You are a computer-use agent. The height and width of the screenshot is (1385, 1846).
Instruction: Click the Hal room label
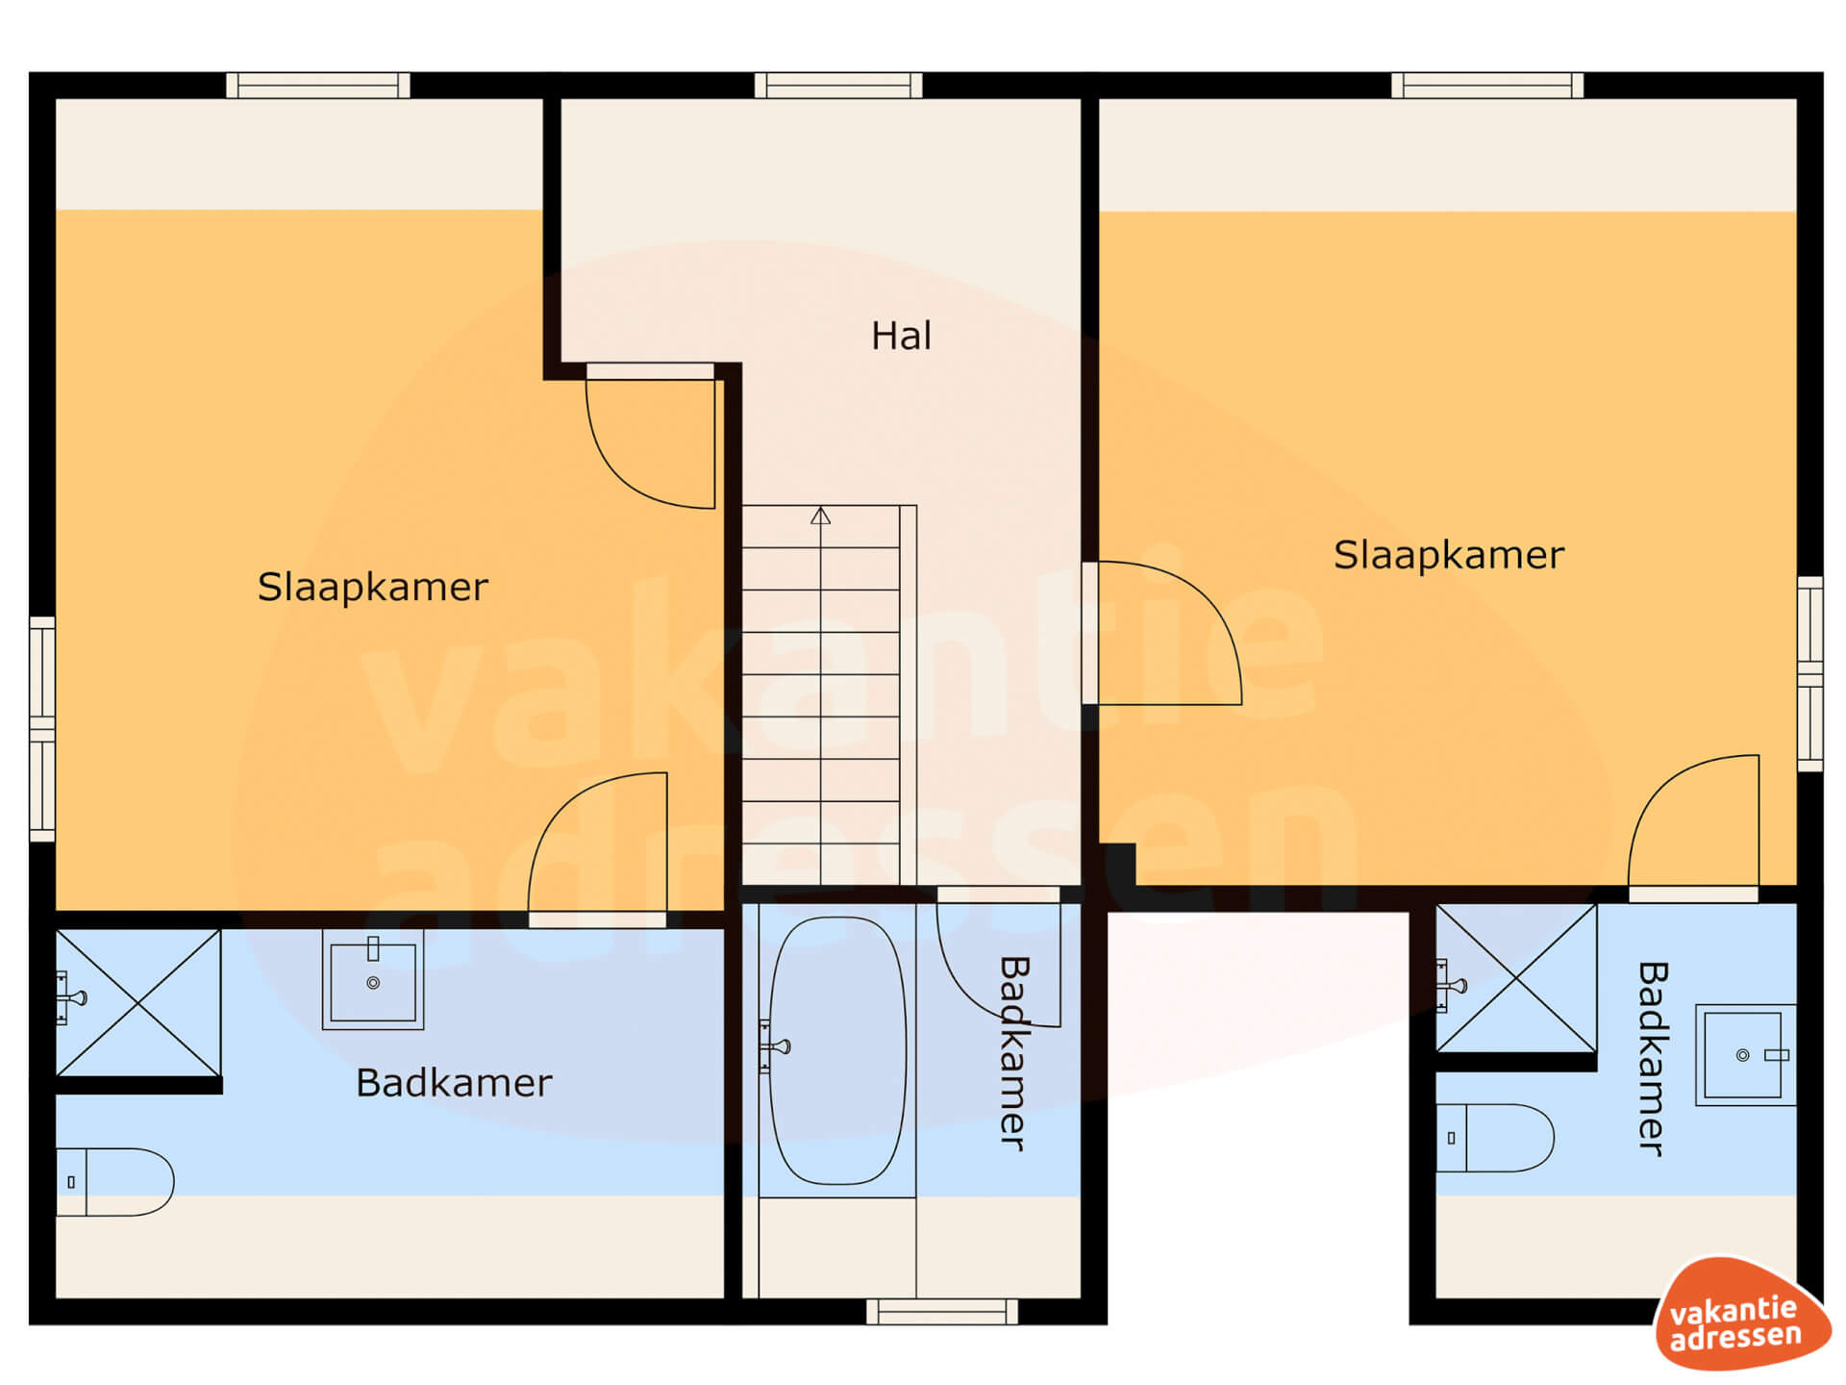tap(901, 337)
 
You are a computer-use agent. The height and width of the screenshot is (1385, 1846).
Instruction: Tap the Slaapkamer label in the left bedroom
tap(373, 588)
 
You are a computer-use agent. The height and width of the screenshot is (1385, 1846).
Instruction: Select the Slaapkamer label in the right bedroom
tap(1449, 556)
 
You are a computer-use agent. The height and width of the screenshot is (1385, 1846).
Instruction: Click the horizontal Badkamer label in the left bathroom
tap(454, 1083)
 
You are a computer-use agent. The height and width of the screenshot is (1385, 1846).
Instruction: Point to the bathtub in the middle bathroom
tap(837, 1050)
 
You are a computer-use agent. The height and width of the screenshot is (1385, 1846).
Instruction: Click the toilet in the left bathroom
tap(114, 1182)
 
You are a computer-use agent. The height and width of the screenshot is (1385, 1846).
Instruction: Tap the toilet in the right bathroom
tap(1495, 1138)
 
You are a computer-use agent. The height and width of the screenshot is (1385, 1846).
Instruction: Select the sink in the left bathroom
tap(373, 979)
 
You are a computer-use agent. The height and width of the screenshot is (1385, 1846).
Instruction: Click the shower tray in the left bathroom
tap(138, 1002)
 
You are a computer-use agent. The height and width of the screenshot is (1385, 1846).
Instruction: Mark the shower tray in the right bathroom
tap(1516, 978)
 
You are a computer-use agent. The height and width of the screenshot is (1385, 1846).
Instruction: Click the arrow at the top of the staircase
tap(820, 516)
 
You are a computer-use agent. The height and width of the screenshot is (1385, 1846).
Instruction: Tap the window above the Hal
tap(838, 86)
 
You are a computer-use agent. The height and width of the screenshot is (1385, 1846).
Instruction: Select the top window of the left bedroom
tap(318, 86)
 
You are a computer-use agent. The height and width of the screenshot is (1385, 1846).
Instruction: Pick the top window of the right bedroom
tap(1487, 86)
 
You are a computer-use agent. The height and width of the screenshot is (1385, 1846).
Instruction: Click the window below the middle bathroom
tap(942, 1311)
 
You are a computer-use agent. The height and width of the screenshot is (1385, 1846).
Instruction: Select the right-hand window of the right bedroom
tap(1810, 673)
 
